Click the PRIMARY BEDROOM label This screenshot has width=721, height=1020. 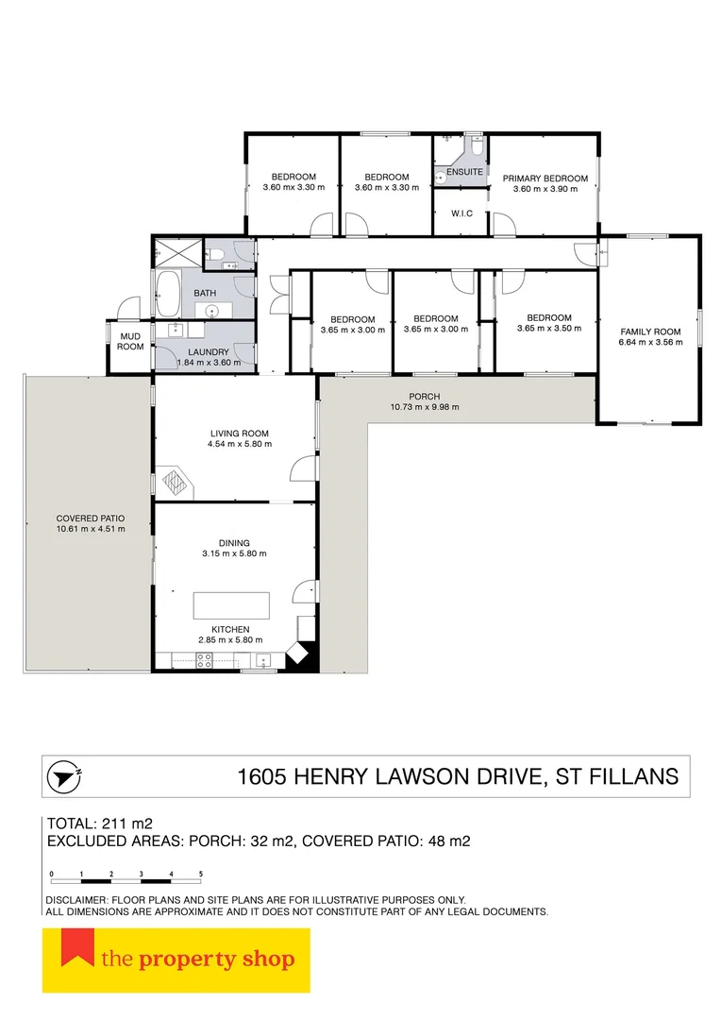point(545,178)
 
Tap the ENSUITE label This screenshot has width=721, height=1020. point(464,172)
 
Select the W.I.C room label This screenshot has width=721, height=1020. point(461,213)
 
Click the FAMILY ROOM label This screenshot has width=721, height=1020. point(650,331)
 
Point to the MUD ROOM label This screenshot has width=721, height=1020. point(130,342)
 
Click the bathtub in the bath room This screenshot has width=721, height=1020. point(168,294)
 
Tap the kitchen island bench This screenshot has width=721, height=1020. point(231,605)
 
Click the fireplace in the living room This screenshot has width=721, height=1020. point(176,482)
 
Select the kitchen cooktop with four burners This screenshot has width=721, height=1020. point(204,661)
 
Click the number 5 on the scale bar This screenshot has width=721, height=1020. point(201,874)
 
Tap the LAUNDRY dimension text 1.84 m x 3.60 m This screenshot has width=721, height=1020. point(209,363)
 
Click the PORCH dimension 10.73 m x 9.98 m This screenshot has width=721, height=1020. point(425,407)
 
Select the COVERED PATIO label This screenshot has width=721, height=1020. point(91,518)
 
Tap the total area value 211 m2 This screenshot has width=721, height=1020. point(127,824)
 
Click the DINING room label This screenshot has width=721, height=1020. point(234,543)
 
